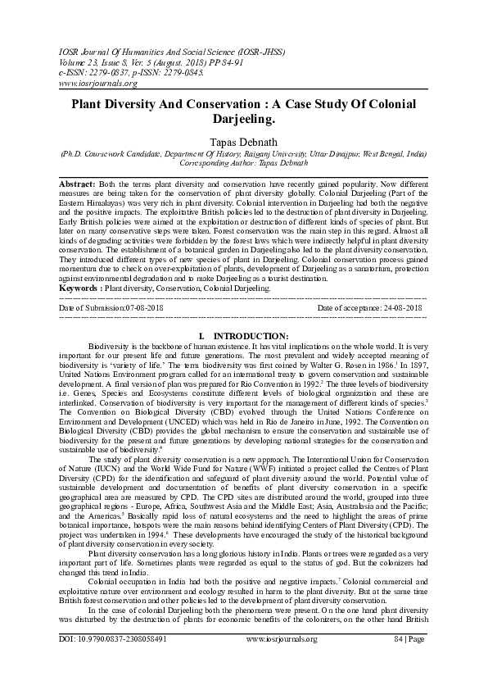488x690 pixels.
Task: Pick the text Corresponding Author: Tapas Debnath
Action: (x=243, y=164)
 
